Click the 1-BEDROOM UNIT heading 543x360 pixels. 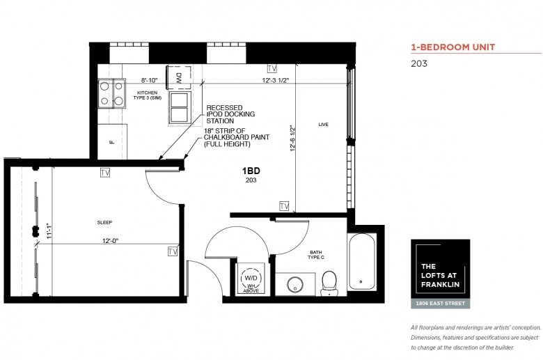[453, 47]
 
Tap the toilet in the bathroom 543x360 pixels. [329, 283]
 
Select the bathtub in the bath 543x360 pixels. [362, 262]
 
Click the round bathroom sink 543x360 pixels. [295, 285]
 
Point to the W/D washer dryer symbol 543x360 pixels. [251, 279]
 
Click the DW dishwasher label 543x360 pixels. [179, 76]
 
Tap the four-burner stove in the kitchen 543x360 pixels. [111, 93]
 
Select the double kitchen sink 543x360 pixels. [180, 107]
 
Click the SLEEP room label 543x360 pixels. [104, 222]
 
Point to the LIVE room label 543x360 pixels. [324, 125]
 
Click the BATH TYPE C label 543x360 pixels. [316, 255]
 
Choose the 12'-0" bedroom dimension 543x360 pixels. [111, 240]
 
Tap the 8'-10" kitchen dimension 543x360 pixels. [149, 80]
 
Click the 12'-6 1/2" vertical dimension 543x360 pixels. [293, 139]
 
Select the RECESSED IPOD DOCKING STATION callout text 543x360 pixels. [230, 114]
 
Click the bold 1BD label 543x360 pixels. [251, 171]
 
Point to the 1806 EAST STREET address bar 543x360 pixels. [441, 304]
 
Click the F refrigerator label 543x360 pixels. [111, 142]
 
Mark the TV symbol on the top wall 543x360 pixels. [271, 69]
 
